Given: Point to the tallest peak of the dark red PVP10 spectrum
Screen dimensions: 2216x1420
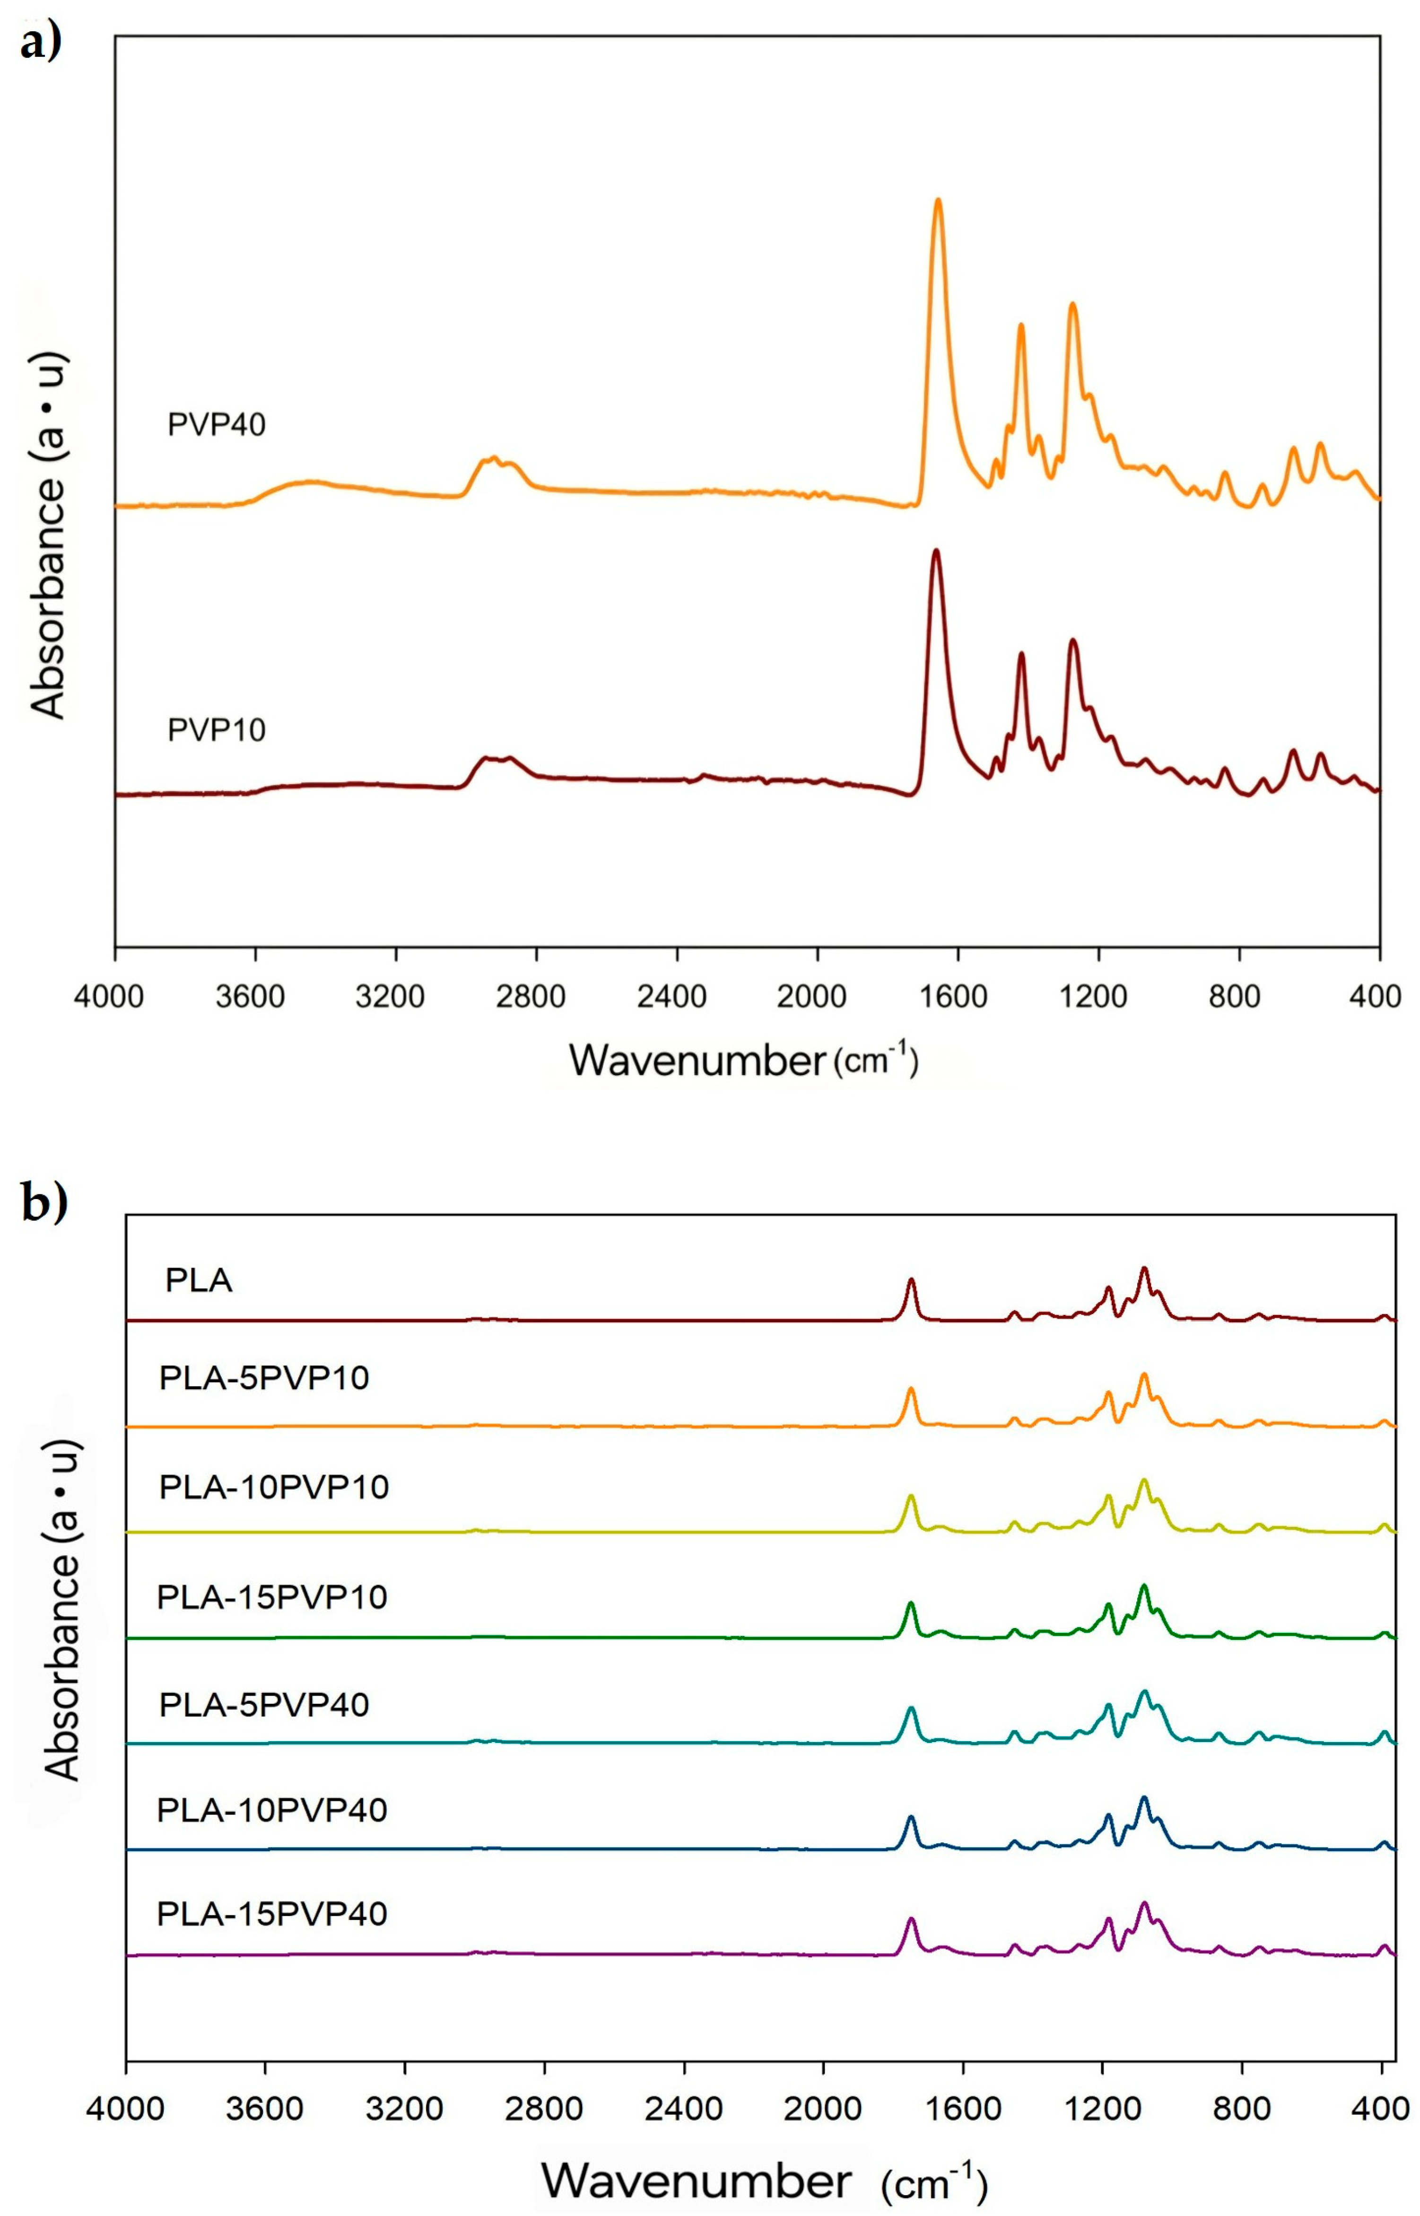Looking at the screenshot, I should pos(936,552).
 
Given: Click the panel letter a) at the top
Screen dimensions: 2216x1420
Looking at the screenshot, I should pos(42,42).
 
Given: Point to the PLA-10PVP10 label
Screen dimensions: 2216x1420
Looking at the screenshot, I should pos(274,1488).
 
